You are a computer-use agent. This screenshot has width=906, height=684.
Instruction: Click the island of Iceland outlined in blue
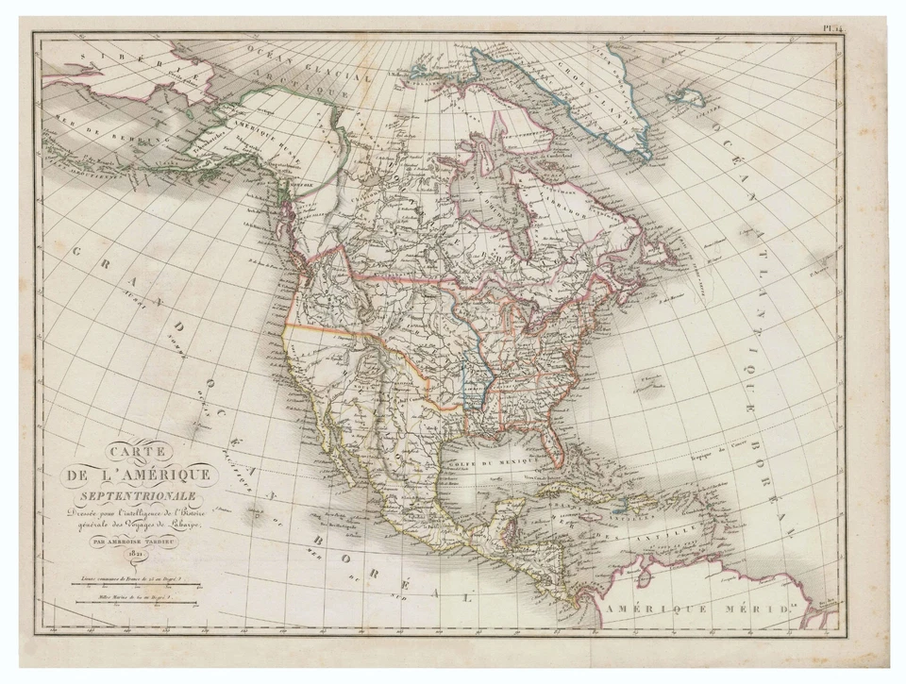(686, 97)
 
